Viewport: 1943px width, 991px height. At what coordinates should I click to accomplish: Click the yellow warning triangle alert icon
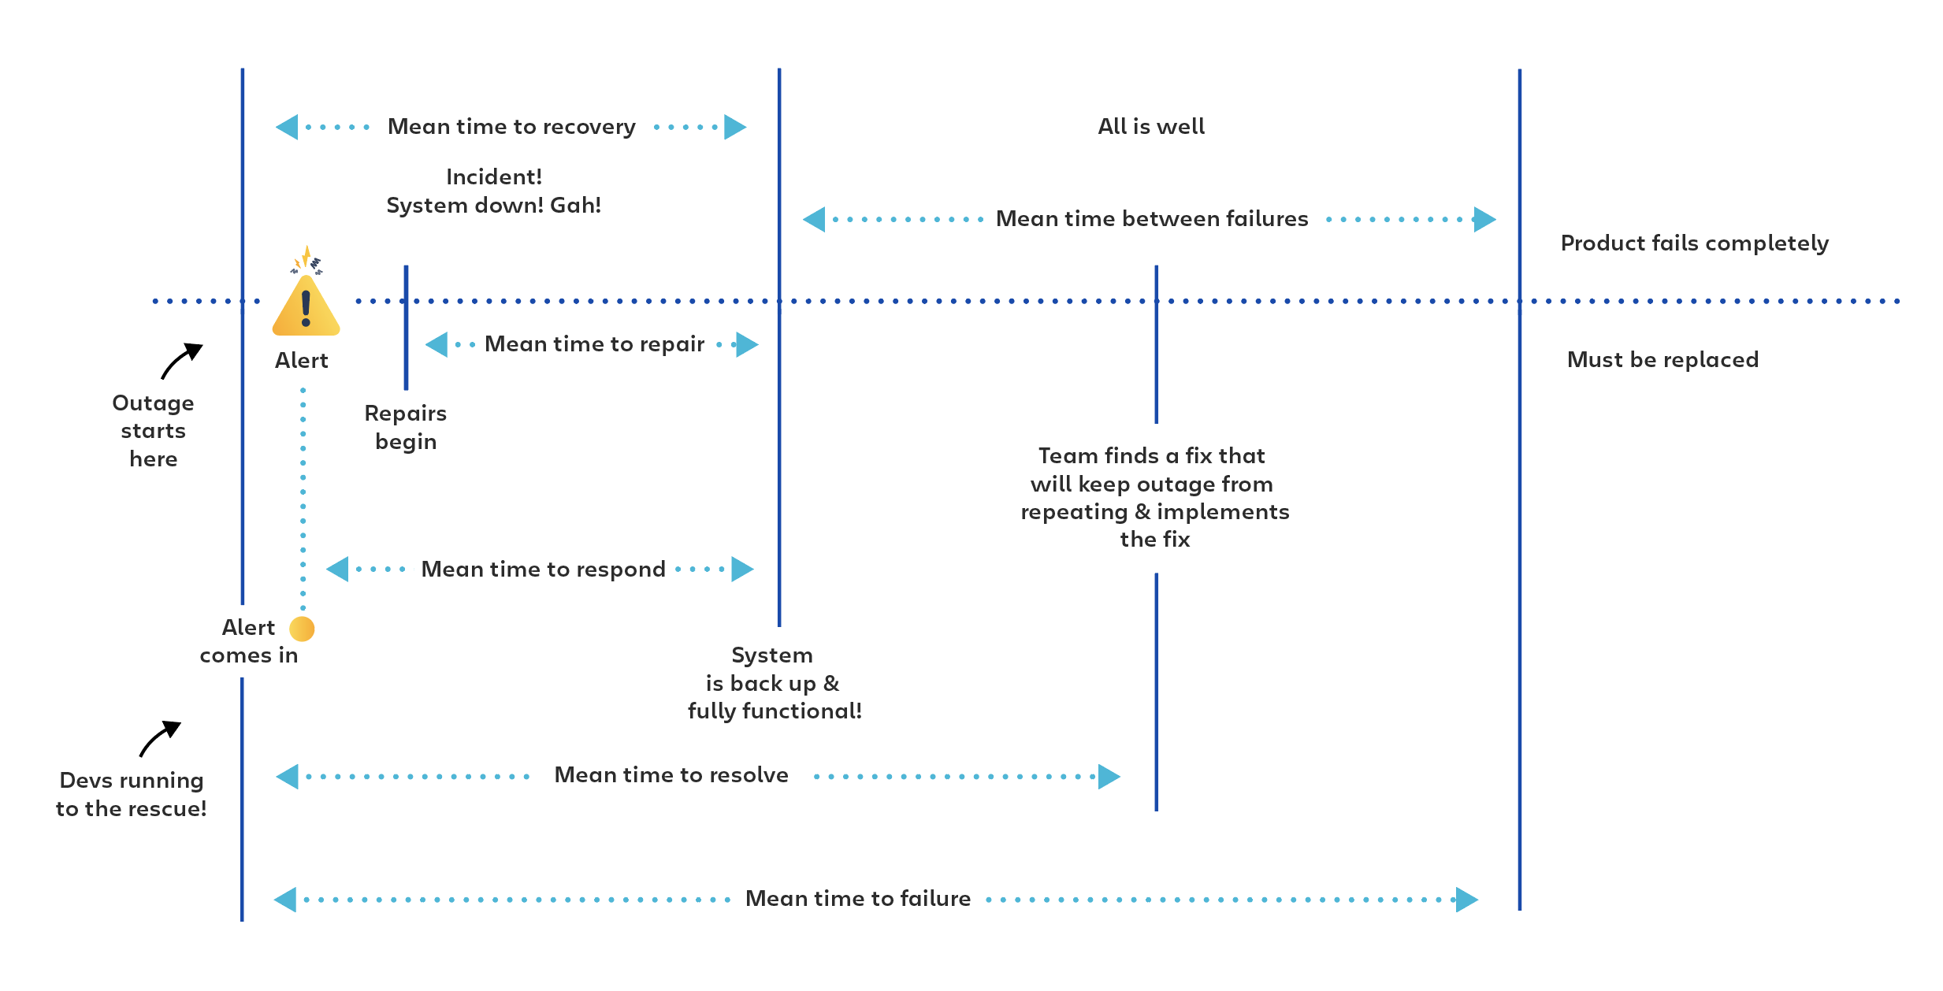pos(306,307)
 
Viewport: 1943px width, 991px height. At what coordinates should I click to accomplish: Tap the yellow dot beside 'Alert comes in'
pos(302,629)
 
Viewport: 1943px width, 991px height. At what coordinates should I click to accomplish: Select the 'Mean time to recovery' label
pos(511,127)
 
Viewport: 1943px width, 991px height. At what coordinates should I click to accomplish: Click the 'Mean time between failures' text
pos(1151,219)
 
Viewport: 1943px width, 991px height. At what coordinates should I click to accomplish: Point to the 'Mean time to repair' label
pos(594,344)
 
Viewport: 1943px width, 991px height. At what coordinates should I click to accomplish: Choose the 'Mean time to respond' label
pos(543,570)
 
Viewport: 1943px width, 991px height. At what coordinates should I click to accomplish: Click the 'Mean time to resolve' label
pos(671,775)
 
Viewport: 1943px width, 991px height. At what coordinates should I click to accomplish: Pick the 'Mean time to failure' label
pos(857,899)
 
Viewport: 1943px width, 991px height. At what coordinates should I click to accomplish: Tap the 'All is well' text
pos(1151,127)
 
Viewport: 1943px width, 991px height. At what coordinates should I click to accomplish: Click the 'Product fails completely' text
pos(1694,243)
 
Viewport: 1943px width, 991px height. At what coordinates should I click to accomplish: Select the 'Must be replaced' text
pos(1663,360)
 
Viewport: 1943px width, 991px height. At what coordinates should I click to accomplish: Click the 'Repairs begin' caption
pos(406,427)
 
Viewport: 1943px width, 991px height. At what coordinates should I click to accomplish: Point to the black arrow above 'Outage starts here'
pos(182,361)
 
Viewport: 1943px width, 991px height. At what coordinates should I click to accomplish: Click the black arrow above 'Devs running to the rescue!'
pos(161,738)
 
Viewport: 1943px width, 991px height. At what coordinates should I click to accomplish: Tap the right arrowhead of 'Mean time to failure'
pos(1466,899)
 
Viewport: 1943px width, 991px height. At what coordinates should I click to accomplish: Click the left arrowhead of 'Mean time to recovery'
pos(288,127)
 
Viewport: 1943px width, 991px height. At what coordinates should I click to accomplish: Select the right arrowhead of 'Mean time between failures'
pos(1484,219)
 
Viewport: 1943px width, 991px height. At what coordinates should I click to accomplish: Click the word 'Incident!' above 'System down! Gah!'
pos(494,177)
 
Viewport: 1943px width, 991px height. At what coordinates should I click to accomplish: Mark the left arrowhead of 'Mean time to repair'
pos(437,344)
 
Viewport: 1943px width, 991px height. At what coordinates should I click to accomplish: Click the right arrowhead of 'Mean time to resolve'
pos(1109,776)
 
